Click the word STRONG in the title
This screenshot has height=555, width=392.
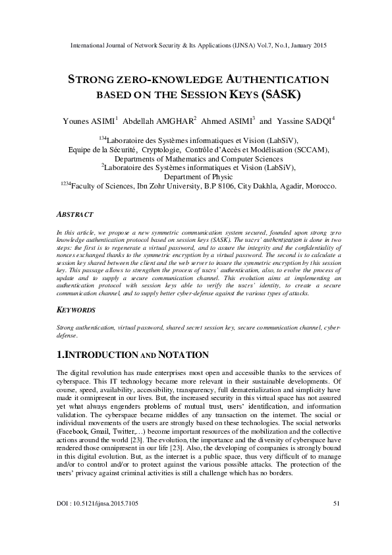[92, 79]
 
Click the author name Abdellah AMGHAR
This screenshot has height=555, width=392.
[159, 121]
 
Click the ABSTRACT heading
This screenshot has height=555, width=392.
[75, 215]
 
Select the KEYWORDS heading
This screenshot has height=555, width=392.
[76, 310]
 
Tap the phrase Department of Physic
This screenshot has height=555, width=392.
[196, 177]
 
